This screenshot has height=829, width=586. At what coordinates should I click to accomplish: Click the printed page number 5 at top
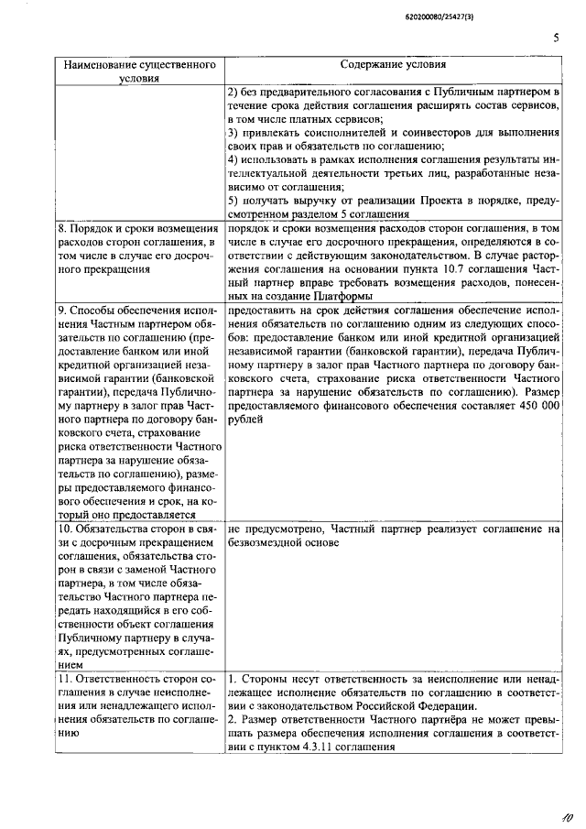click(556, 38)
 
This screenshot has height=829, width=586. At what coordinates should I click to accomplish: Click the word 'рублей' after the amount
click(245, 419)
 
